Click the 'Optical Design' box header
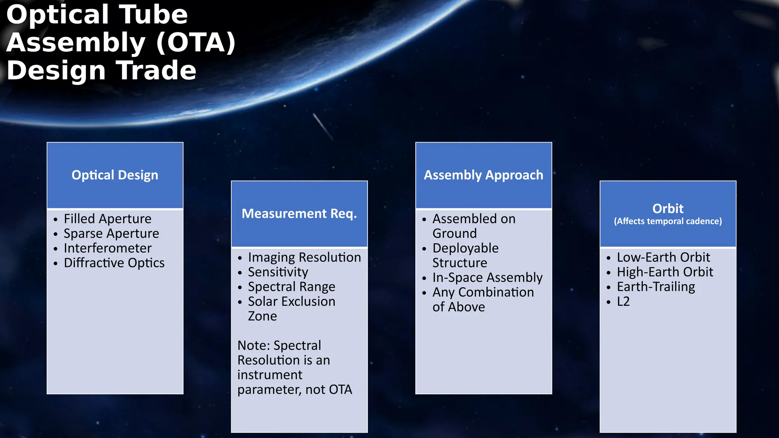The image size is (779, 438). tap(115, 175)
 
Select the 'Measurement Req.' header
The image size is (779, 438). tap(299, 214)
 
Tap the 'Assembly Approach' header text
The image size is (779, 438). tap(483, 175)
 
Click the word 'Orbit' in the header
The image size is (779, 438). tap(668, 208)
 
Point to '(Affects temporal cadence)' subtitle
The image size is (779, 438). tap(668, 221)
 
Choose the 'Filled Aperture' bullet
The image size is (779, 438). tap(108, 219)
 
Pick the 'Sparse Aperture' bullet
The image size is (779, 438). tap(111, 233)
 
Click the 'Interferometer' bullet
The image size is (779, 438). tap(108, 248)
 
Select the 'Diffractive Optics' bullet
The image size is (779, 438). tap(114, 263)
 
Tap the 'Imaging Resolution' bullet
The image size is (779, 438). tap(304, 257)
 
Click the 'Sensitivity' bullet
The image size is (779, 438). tap(278, 272)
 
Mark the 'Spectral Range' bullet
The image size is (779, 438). tap(292, 287)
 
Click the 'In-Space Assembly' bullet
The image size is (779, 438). tap(487, 278)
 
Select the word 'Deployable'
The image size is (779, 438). tap(465, 248)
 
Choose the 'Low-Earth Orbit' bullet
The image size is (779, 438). tap(663, 257)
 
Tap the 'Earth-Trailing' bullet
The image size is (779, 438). tap(656, 287)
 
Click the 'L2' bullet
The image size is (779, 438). tap(623, 302)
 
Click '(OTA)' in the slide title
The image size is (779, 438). tap(196, 43)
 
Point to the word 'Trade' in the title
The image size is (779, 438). tap(156, 71)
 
